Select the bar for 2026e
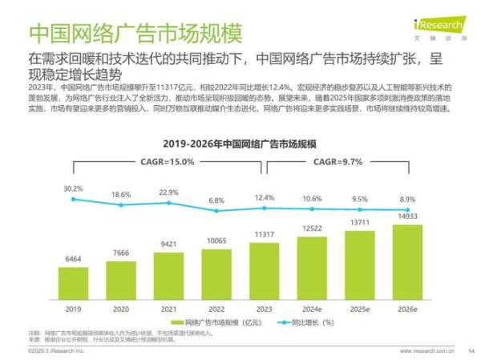407,261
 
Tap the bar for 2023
264,270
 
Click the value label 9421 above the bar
168,244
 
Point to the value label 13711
359,222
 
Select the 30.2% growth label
73,188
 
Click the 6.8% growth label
216,200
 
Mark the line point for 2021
168,204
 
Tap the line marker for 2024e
312,208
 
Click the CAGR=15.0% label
168,161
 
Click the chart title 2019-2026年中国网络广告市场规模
240,143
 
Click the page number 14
471,350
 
